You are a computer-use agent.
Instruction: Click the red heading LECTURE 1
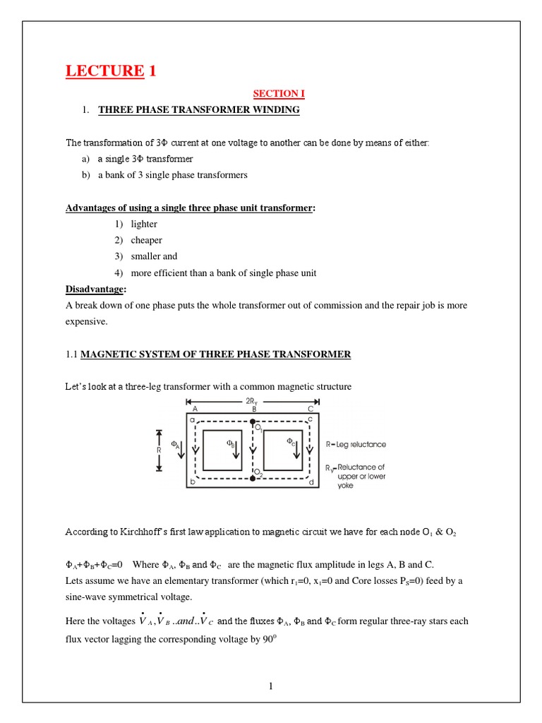pos(111,71)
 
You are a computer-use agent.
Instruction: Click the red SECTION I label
pos(279,93)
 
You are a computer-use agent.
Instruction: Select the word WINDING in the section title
pos(277,110)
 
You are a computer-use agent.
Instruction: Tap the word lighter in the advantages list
pos(144,224)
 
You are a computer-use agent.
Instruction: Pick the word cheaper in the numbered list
pos(146,240)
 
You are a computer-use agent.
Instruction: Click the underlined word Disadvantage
pos(95,289)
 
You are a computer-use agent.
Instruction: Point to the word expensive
pos(88,321)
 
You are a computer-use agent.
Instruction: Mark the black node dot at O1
pos(253,424)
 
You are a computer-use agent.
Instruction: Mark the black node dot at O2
pos(253,479)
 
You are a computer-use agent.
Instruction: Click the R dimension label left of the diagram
pos(158,449)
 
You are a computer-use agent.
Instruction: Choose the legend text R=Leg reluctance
pos(356,445)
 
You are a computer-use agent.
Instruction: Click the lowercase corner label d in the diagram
pos(311,482)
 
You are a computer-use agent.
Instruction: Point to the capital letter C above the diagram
pos(311,409)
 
